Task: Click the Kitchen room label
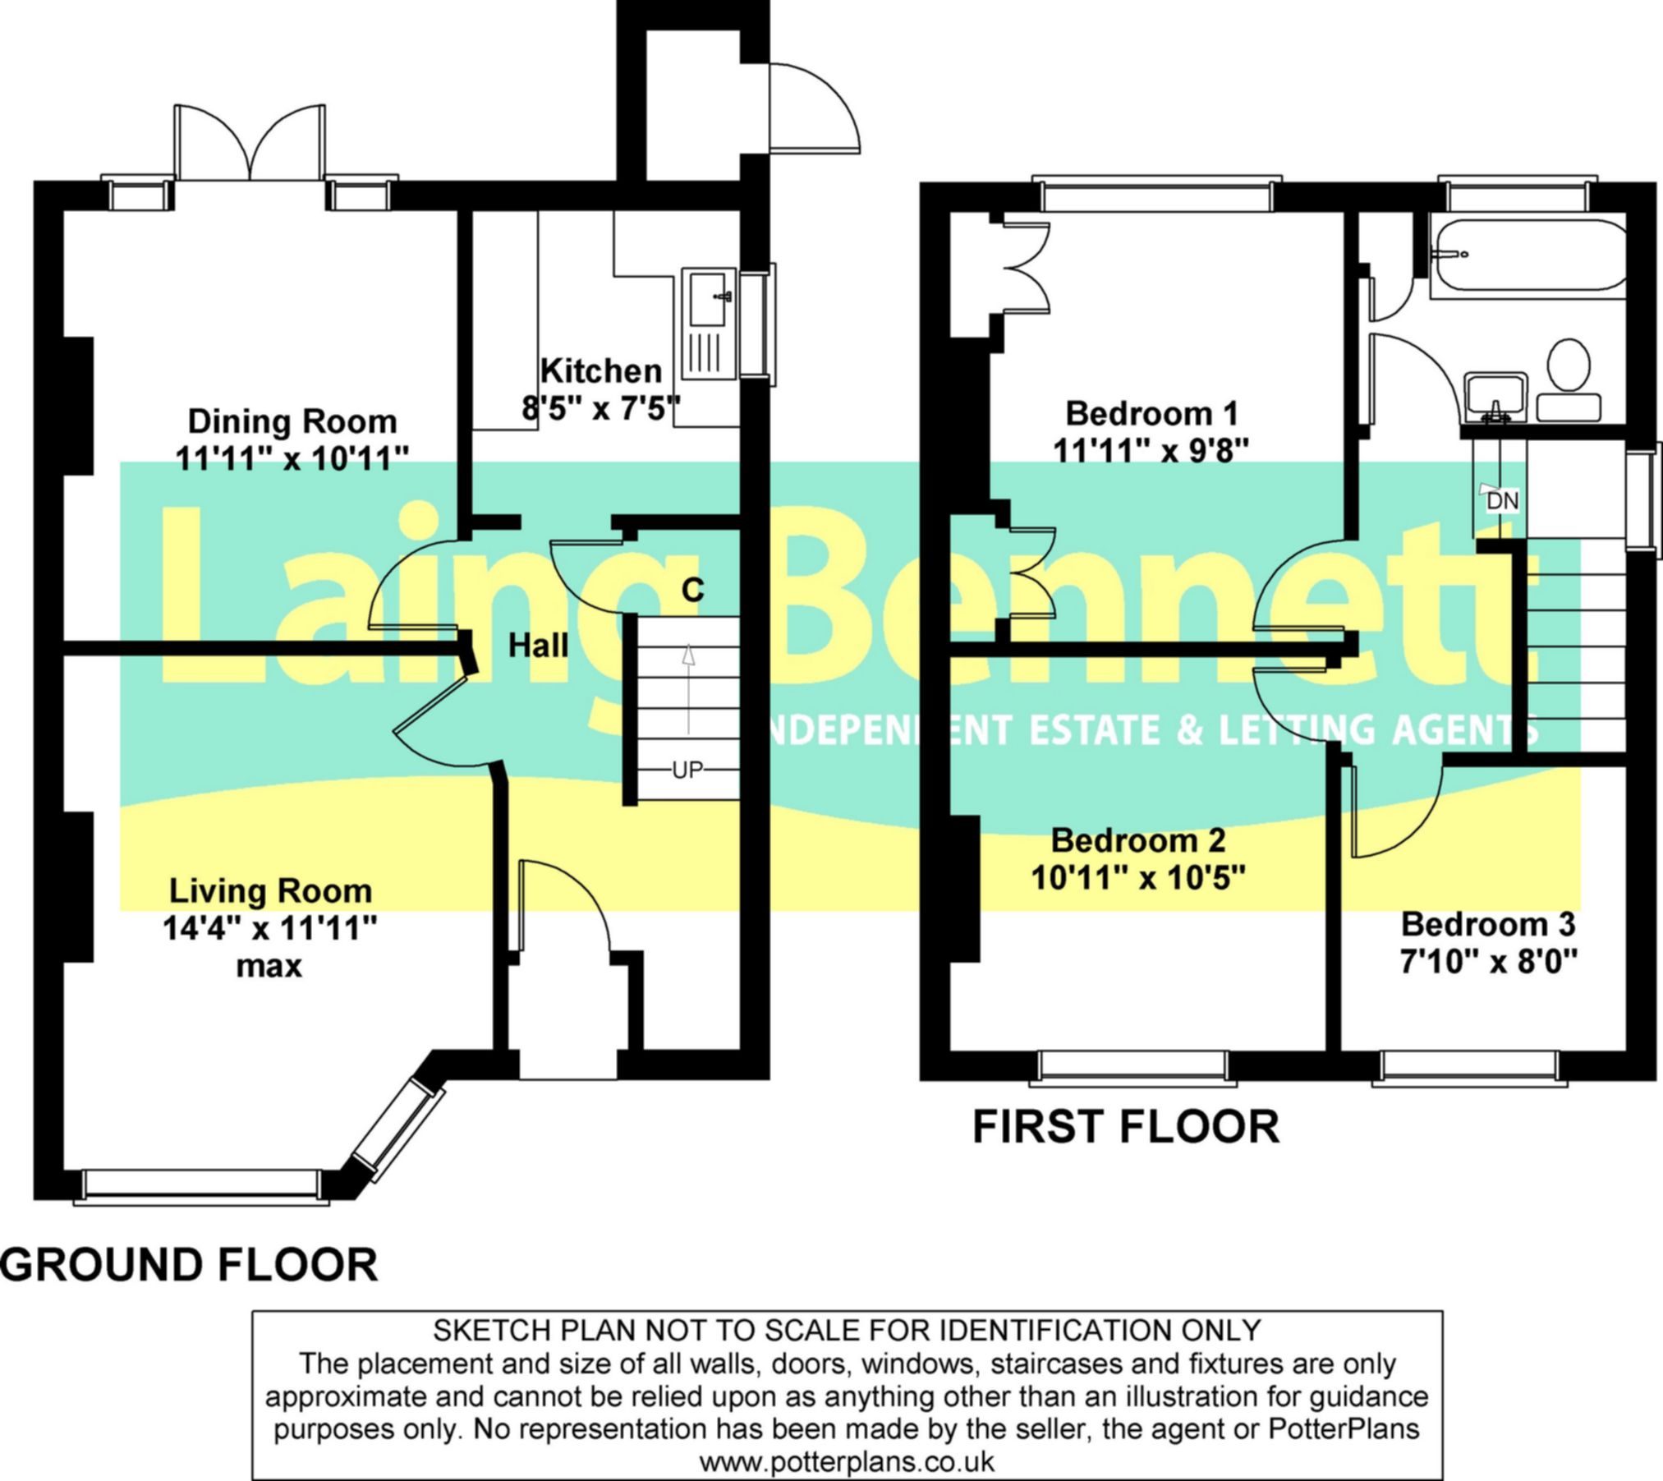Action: point(601,371)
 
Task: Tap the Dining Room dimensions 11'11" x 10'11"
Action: point(292,458)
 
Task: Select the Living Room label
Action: point(270,891)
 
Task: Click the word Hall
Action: point(538,646)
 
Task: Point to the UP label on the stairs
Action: point(688,770)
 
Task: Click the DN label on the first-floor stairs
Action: point(1503,501)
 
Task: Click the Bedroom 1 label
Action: point(1151,413)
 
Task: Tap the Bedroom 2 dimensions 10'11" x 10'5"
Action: point(1138,879)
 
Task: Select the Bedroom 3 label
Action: point(1488,924)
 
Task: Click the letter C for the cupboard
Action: point(692,590)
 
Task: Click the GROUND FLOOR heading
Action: point(190,1265)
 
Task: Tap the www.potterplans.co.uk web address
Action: point(847,1461)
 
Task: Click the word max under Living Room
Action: point(269,967)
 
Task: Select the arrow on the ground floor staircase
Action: point(688,688)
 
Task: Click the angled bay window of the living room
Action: point(397,1130)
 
